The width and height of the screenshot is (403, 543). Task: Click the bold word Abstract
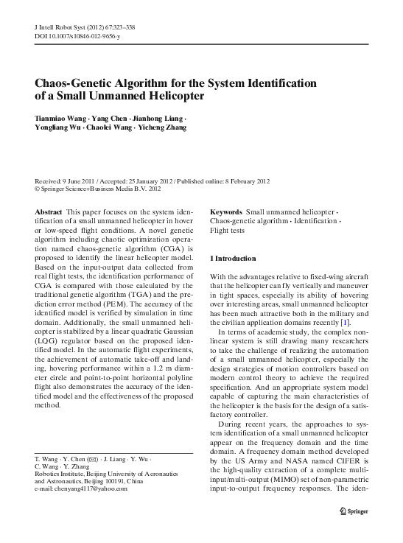tap(49, 211)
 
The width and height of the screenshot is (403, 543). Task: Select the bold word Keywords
tap(226, 211)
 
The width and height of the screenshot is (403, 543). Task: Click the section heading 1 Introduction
tap(234, 259)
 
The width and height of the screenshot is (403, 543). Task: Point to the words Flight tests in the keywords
tap(228, 230)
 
